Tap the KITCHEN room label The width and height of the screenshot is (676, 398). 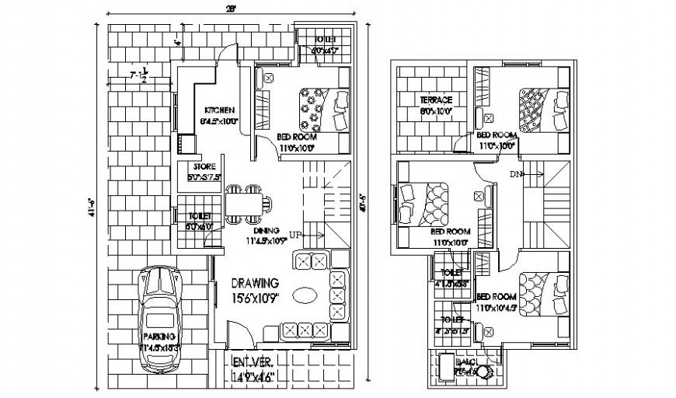tap(220, 110)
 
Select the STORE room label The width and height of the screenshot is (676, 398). tap(203, 166)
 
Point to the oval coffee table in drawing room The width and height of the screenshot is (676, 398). tap(305, 295)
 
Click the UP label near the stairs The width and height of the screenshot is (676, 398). tap(296, 233)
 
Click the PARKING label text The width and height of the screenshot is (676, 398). tap(159, 336)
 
